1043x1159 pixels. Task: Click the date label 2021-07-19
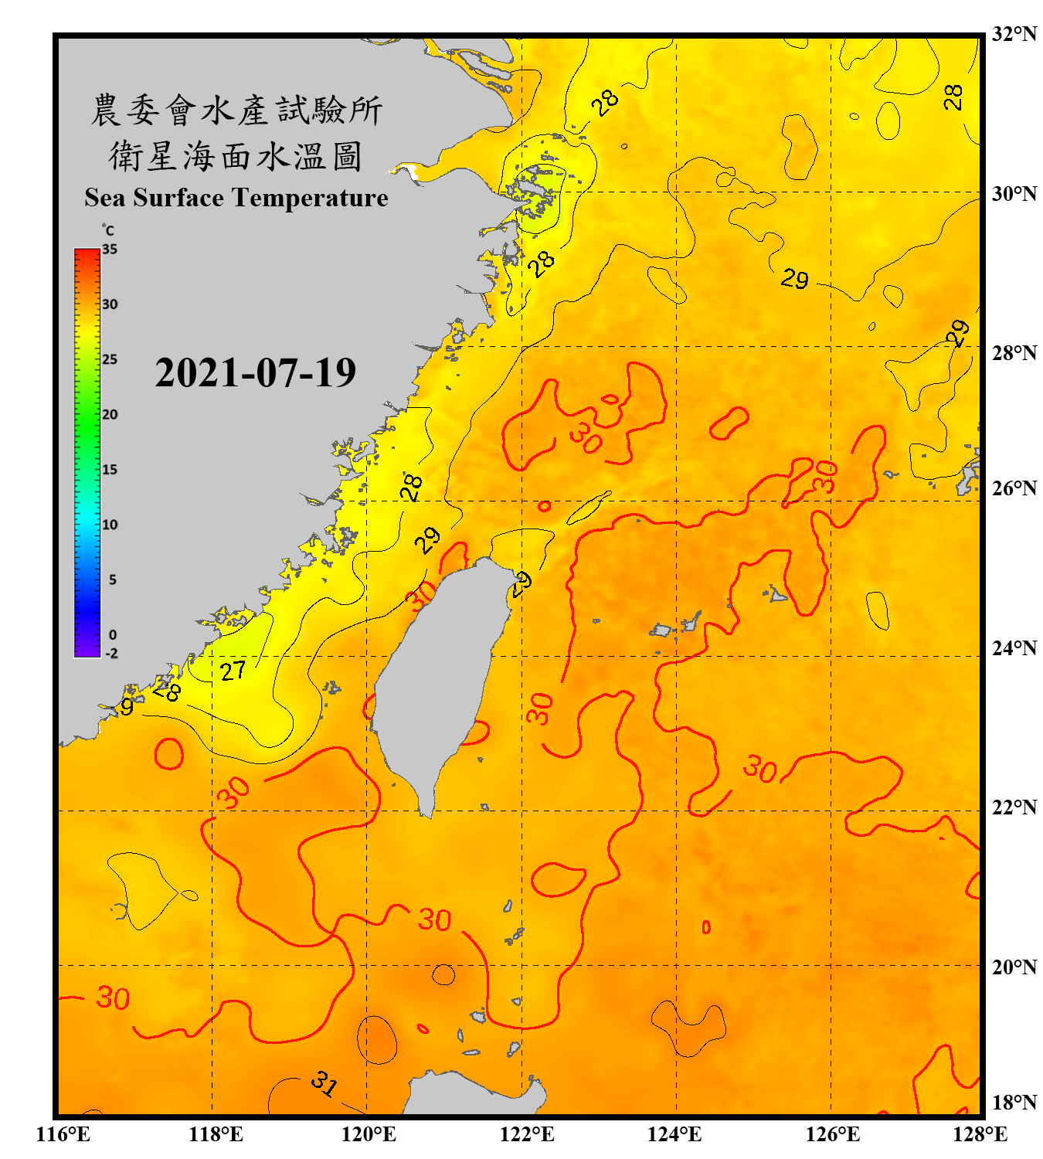pos(255,373)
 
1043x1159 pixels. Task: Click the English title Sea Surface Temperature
pos(236,198)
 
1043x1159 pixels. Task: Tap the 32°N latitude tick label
pos(1014,34)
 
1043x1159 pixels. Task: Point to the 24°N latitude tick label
pos(1014,647)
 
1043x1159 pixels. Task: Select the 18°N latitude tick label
pos(1014,1103)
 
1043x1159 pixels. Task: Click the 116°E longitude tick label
pos(63,1134)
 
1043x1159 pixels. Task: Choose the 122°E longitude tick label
pos(527,1134)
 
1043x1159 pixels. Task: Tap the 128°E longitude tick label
pos(980,1134)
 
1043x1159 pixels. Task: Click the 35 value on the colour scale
pos(110,250)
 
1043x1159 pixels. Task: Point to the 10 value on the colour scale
pos(110,525)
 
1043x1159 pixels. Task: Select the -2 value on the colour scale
pos(110,653)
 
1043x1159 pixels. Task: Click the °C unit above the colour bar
pos(107,230)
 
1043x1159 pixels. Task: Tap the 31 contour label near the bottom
pos(324,1083)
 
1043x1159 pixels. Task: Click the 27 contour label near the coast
pos(233,671)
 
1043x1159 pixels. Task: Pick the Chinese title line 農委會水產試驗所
pos(236,110)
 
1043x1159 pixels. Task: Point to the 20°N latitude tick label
pos(1014,967)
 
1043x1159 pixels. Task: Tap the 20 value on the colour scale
pos(110,415)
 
